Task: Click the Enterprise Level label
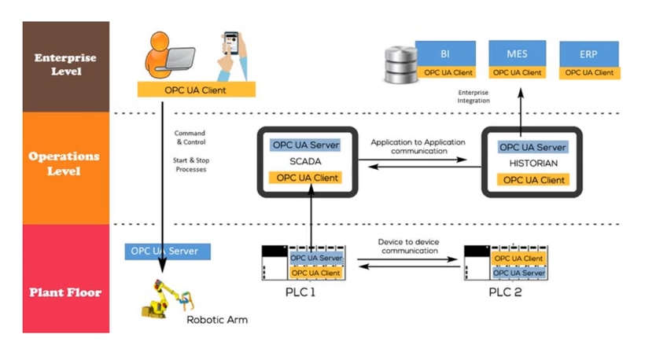coord(65,64)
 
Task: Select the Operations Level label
coord(64,163)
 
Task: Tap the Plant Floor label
coord(65,292)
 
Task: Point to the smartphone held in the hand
coord(231,45)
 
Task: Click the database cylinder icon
coord(399,66)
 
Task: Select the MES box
coord(517,54)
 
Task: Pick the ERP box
coord(588,55)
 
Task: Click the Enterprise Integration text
coord(474,97)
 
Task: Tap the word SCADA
coord(305,161)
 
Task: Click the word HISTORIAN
coord(533,163)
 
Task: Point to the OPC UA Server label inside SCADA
coord(305,145)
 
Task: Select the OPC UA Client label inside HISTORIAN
coord(533,180)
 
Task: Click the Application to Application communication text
coord(418,146)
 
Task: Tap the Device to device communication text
coord(409,246)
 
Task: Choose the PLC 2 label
coord(505,292)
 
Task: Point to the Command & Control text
coord(190,138)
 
